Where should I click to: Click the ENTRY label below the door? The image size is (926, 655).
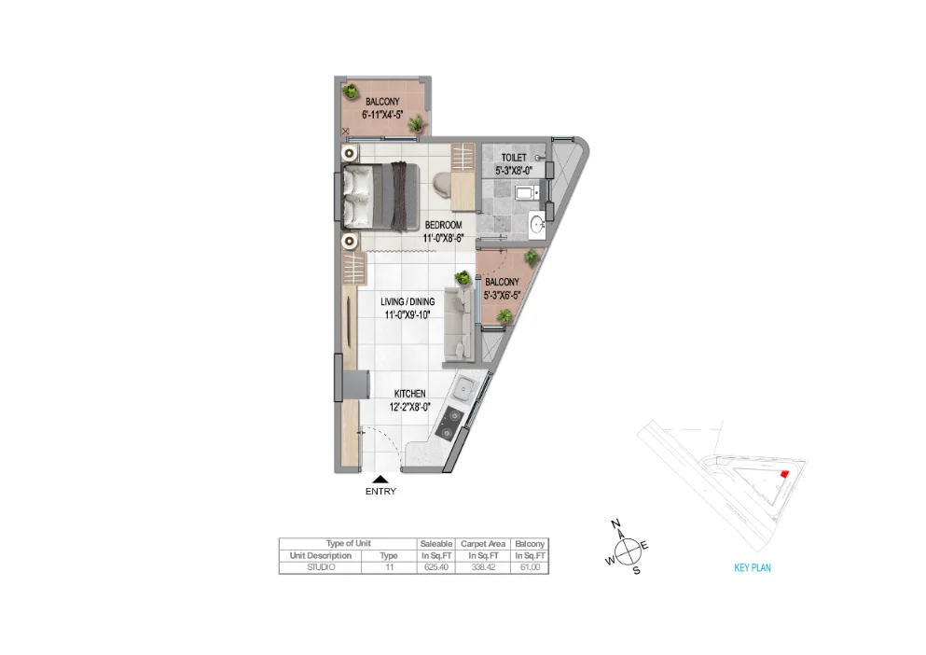(380, 492)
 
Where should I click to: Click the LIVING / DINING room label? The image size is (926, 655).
(408, 302)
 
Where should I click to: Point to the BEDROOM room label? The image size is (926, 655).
(443, 225)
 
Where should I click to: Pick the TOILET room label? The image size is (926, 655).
(513, 158)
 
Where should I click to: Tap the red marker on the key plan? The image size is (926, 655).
(783, 474)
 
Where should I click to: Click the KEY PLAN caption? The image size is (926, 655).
(753, 567)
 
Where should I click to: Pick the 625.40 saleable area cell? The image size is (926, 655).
(435, 566)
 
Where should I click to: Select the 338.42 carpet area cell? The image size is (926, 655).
(483, 566)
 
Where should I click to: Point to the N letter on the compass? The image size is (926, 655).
(615, 525)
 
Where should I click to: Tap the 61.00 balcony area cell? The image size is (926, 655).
(529, 566)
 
